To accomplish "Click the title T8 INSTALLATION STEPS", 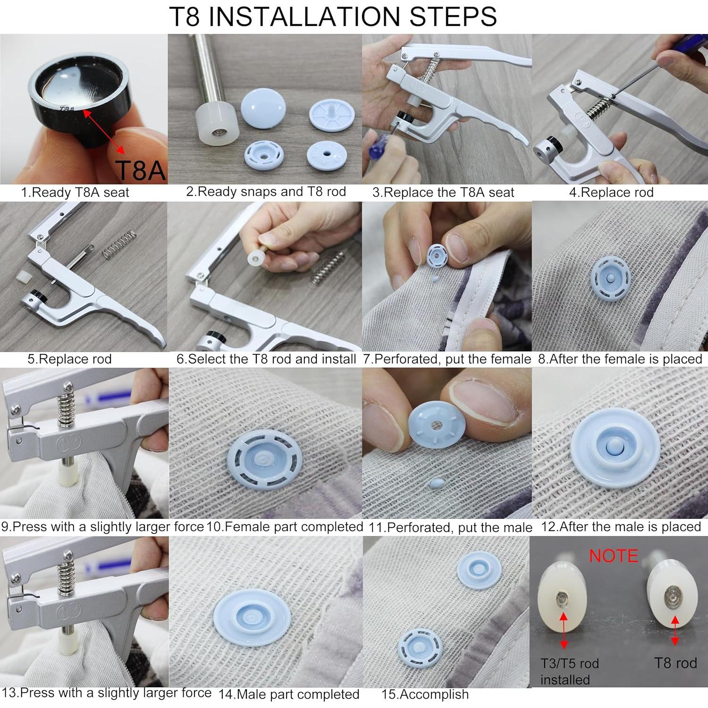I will tap(333, 17).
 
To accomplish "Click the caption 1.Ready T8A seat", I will tap(75, 193).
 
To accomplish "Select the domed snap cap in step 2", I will tap(263, 109).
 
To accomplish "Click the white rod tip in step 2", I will tap(218, 124).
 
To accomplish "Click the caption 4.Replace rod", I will tap(611, 193).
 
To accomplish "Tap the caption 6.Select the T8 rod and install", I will tap(266, 359).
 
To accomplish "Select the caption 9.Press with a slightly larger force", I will tap(102, 527).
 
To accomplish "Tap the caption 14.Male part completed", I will tap(289, 694).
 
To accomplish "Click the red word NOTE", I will tap(613, 556).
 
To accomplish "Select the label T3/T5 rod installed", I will tap(569, 671).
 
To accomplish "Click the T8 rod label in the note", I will tap(675, 663).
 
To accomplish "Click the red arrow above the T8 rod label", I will tap(675, 631).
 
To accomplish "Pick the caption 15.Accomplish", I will tap(425, 694).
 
